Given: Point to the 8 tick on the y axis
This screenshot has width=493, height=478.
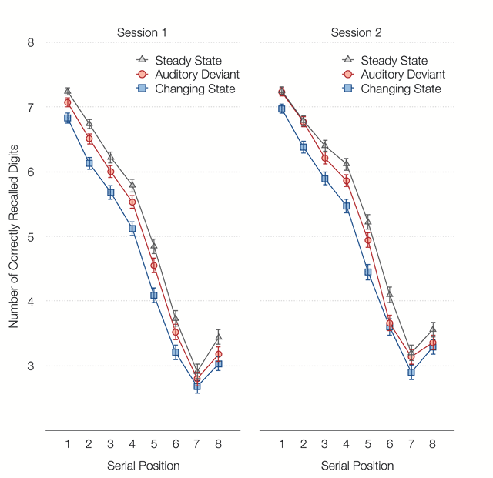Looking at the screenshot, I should point(31,43).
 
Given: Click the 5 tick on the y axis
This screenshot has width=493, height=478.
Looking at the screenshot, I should point(31,237).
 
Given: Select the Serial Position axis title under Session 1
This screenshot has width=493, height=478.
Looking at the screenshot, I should point(143,466).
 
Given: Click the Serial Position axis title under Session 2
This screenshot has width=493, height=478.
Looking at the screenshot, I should point(357,466).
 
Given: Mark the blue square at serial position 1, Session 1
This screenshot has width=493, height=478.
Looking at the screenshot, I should point(68,118).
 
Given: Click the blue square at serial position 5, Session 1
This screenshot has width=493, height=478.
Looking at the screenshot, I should point(154,296).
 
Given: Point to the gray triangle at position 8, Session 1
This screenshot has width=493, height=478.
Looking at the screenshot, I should point(219,337).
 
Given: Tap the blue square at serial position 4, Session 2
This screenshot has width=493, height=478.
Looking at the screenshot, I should point(347,206).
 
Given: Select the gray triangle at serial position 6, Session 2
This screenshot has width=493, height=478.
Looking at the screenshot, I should point(390,295).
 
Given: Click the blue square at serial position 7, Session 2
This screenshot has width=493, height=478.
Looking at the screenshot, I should point(411,373).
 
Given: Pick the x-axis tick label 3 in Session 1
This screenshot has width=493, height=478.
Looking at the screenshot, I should point(111,443).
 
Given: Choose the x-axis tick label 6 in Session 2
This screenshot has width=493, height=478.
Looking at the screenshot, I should point(390,443).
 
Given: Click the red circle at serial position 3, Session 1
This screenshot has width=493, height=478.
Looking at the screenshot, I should point(111,172).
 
